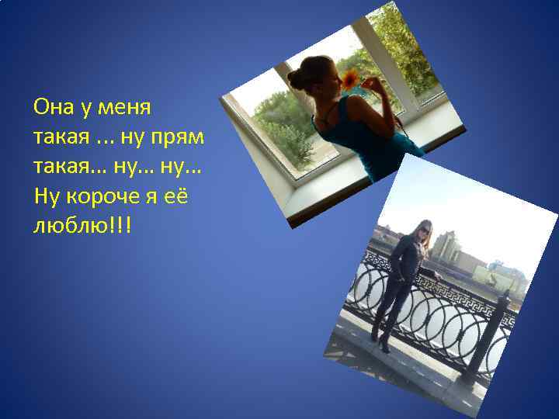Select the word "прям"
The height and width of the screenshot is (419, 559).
click(x=183, y=137)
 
